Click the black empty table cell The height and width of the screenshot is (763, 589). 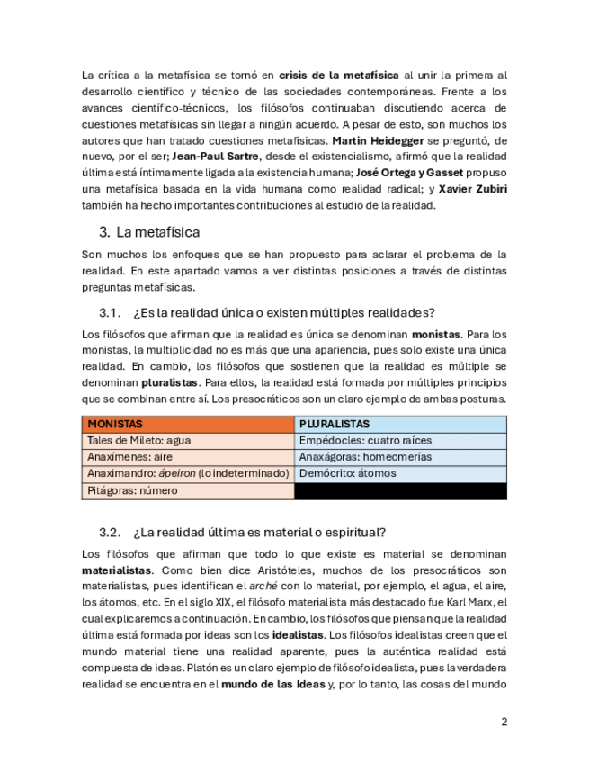(x=401, y=491)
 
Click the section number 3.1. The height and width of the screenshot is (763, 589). (x=110, y=312)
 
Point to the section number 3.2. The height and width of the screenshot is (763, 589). (x=110, y=532)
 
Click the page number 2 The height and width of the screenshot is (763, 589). (x=504, y=722)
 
